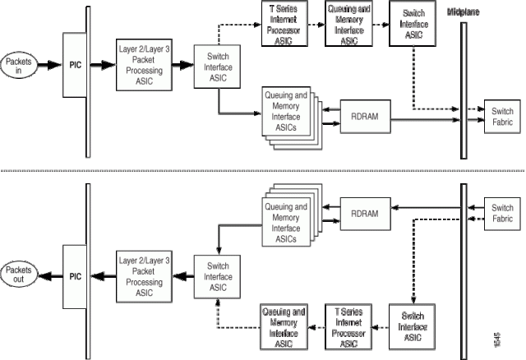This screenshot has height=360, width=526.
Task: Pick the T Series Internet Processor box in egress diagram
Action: click(348, 327)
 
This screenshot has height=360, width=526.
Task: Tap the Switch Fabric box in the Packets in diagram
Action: click(501, 116)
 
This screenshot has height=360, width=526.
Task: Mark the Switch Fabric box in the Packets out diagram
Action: click(501, 213)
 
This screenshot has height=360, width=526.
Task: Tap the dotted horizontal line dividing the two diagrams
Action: click(263, 171)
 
